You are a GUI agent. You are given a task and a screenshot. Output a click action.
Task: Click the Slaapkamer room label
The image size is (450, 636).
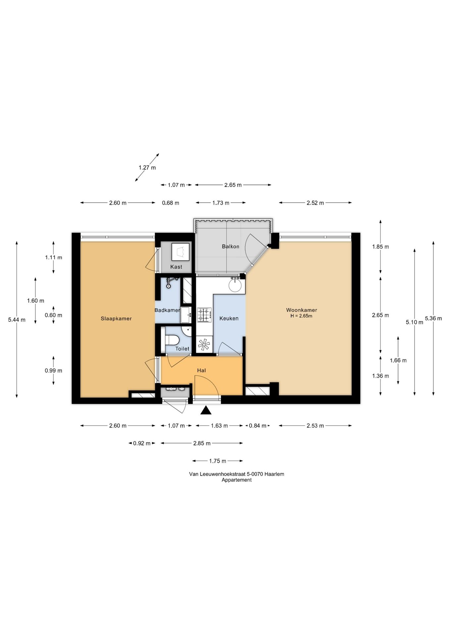[116, 318]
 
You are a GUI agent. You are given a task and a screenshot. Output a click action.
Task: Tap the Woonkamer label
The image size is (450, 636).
[302, 310]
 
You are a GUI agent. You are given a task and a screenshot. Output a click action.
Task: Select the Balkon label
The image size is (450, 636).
[230, 246]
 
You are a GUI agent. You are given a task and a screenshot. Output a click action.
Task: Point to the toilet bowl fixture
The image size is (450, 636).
[172, 340]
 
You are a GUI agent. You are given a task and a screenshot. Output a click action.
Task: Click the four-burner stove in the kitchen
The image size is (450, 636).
[204, 315]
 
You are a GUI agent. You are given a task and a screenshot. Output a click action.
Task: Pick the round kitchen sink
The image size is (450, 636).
[236, 286]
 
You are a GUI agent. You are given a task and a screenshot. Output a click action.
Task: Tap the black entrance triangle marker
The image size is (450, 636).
[206, 410]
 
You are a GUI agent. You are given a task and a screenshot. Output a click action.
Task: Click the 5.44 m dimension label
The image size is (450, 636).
[17, 320]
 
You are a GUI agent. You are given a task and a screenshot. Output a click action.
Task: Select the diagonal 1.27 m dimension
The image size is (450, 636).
[147, 167]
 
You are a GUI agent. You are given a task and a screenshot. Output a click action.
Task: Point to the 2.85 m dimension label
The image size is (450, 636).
[202, 443]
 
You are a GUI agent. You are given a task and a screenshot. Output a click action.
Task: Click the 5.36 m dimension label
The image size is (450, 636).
[433, 318]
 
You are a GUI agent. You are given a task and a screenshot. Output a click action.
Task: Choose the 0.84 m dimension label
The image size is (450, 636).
[257, 426]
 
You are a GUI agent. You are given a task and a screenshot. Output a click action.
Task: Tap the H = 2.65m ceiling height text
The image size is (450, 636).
[301, 316]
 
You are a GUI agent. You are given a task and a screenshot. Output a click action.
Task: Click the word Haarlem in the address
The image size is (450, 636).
[274, 474]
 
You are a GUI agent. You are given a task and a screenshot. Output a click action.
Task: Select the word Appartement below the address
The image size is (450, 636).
[237, 480]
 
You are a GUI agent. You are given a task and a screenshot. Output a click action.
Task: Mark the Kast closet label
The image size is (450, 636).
[176, 267]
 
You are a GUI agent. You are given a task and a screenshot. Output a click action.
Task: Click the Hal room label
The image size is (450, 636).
[201, 370]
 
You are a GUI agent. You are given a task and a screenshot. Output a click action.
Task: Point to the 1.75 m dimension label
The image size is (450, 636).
[218, 461]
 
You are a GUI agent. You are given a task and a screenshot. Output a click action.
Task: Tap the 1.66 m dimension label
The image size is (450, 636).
[398, 360]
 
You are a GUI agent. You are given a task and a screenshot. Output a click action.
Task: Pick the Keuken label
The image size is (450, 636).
[229, 318]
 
